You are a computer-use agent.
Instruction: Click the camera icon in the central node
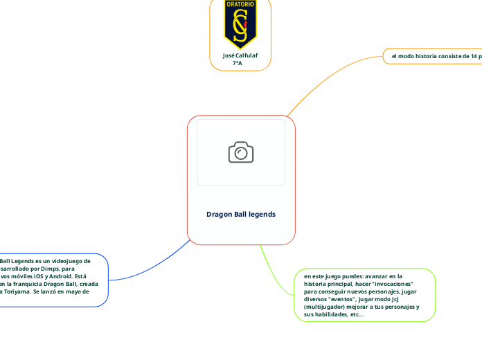click(x=241, y=152)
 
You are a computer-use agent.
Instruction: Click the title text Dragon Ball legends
click(x=241, y=214)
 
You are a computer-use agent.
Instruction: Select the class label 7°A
click(x=238, y=63)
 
